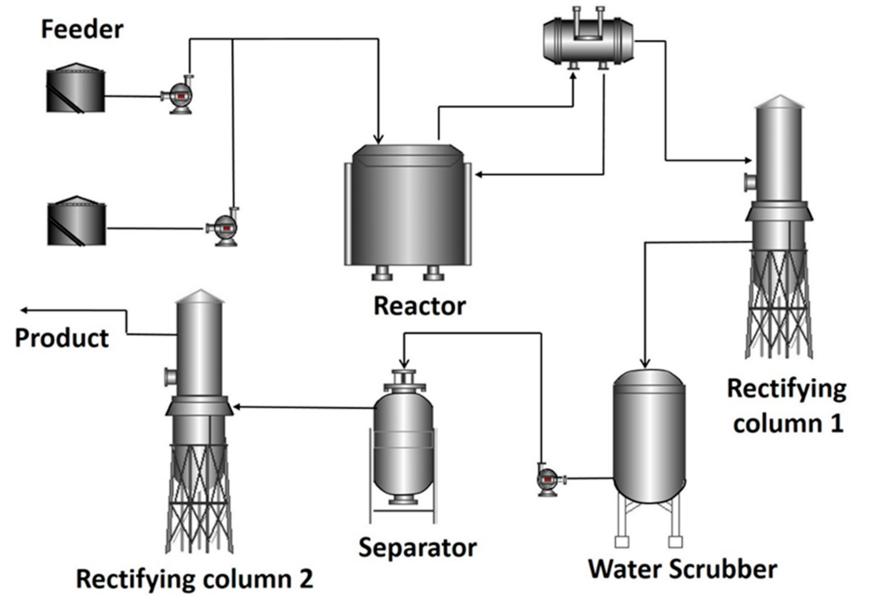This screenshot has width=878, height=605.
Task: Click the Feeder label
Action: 82,29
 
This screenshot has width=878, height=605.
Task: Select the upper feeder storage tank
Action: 75,89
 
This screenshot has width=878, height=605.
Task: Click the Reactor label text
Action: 419,306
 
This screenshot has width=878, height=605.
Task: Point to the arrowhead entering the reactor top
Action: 378,139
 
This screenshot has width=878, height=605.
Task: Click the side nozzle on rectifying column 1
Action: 750,182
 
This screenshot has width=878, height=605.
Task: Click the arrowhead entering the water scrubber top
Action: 645,363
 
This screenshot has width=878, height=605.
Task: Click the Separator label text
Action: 417,548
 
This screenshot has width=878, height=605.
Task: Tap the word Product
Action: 62,338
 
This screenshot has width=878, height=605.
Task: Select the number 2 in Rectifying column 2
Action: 306,579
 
